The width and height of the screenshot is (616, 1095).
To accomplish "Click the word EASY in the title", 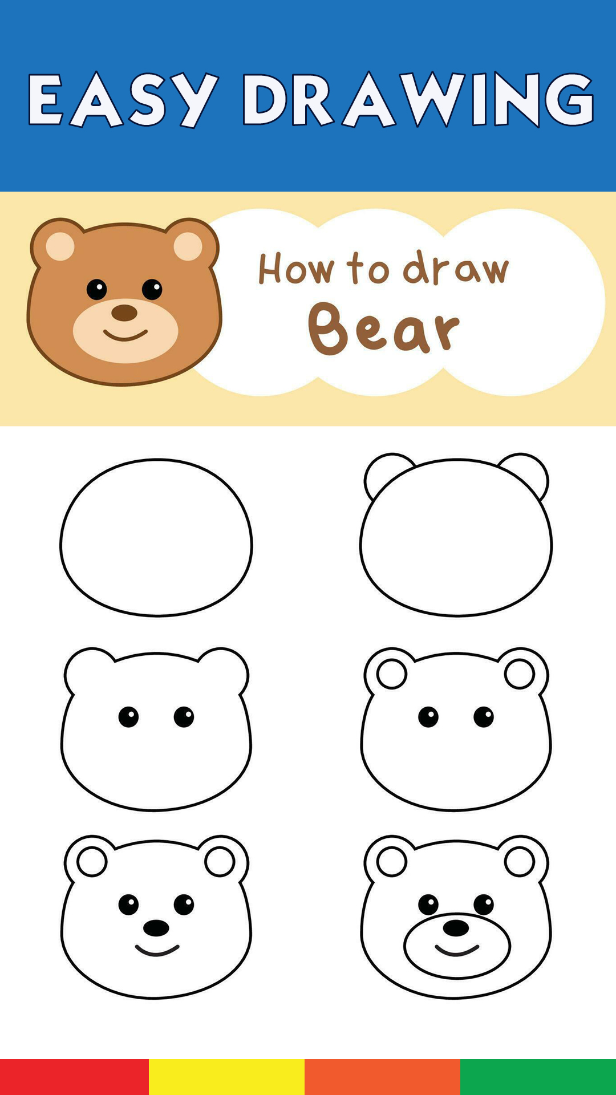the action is [123, 99].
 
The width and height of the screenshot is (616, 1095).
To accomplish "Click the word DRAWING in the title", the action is [419, 99].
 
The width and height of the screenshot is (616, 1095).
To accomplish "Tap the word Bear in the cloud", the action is [384, 328].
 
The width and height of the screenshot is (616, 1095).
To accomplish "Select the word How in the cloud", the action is [296, 269].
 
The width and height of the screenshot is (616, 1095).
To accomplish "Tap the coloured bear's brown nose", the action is [124, 313].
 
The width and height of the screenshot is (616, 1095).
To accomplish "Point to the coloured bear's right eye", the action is [152, 289].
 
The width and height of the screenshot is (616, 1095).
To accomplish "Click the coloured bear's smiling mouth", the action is [125, 335].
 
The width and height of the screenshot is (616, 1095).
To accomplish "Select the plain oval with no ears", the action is [156, 537].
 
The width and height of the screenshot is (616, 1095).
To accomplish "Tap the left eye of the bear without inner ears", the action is [128, 716].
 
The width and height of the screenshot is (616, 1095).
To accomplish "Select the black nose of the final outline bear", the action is [456, 928].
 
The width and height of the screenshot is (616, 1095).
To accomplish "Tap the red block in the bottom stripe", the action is [74, 1077].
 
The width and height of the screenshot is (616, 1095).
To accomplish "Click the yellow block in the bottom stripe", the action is [226, 1077].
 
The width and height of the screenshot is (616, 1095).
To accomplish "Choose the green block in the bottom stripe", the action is [538, 1077].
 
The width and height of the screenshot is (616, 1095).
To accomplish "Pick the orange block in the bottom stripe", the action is [382, 1077].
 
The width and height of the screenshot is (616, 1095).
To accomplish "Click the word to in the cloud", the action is [368, 268].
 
